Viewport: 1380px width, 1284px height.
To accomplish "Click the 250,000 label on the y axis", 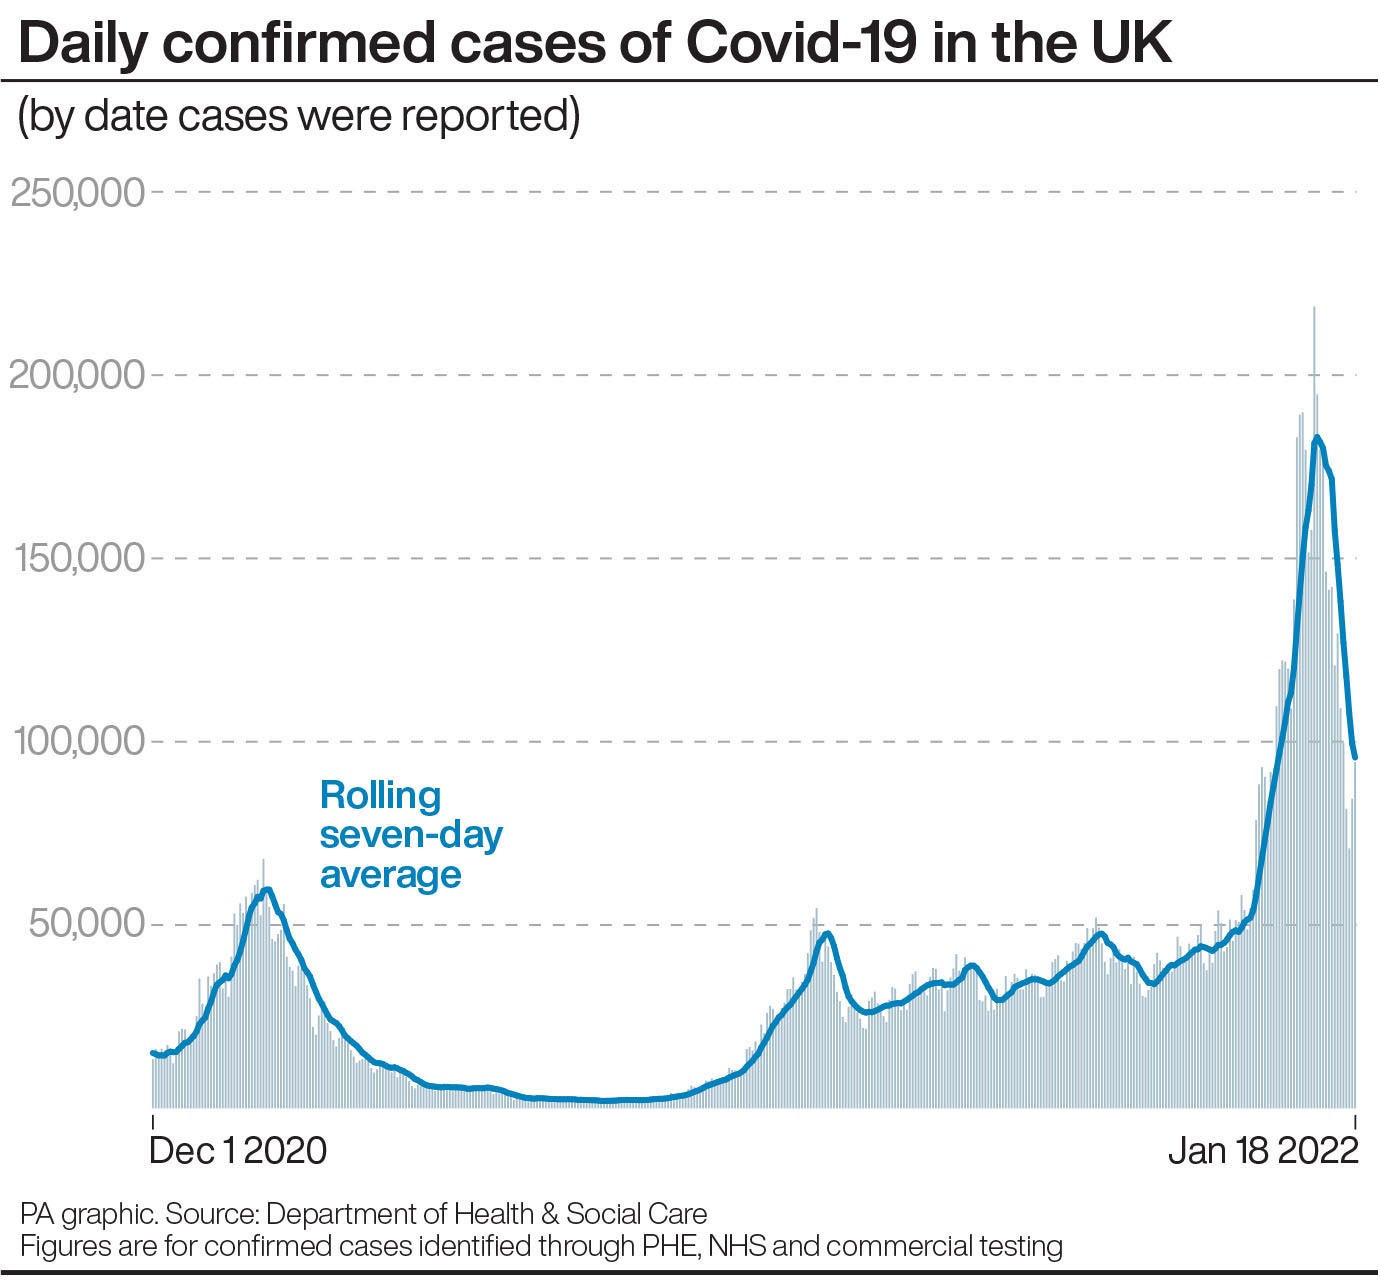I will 78,192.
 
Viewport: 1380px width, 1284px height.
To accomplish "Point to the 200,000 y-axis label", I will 78,376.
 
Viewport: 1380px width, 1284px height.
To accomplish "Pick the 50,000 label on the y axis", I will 87,925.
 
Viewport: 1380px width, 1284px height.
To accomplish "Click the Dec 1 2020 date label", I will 238,1151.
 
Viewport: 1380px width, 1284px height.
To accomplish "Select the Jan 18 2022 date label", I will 1263,1151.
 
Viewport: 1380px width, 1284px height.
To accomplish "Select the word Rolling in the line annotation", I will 380,796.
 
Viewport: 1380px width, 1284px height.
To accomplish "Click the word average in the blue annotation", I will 391,875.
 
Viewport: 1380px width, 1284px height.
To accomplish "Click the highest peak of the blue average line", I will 1317,437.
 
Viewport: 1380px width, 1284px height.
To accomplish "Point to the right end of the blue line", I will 1355,757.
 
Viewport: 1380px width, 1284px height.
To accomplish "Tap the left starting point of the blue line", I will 152,1052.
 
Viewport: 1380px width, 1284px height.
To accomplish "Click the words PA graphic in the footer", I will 87,1215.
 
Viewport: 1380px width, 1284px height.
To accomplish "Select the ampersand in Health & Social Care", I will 551,1215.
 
